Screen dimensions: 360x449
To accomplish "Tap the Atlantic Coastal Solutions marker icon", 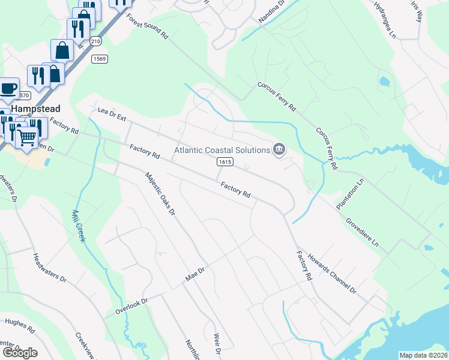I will (279, 149).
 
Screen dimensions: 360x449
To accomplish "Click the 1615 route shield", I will (224, 162).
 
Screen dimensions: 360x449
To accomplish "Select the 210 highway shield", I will (96, 41).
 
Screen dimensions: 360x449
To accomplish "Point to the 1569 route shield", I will (99, 58).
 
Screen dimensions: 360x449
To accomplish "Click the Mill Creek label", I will (78, 226).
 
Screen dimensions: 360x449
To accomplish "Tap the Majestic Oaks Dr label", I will (159, 193).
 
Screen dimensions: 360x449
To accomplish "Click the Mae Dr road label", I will (195, 275).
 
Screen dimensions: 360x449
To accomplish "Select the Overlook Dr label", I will (130, 305).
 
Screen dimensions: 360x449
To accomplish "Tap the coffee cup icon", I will (8, 89).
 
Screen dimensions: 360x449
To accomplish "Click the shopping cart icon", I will (26, 137).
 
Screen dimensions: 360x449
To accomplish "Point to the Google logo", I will (19, 353).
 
